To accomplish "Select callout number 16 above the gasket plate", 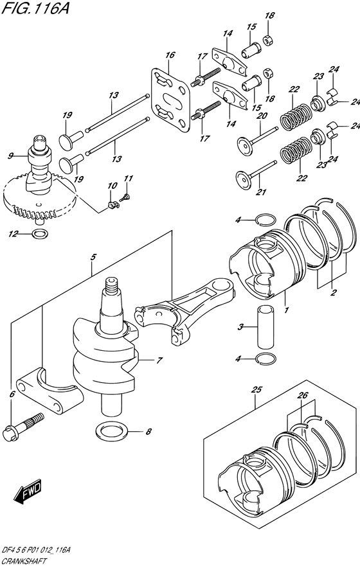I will click(x=170, y=56).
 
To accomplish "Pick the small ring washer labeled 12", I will click(x=38, y=233).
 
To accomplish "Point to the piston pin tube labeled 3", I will click(x=266, y=328).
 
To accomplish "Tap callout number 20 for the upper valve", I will click(x=262, y=116).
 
